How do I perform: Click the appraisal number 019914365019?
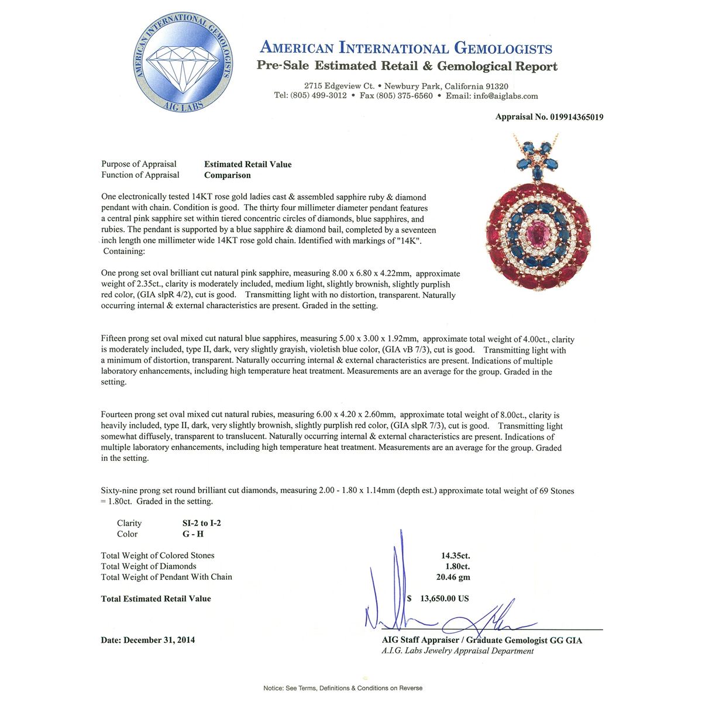click(576, 117)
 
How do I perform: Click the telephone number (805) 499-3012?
click(318, 96)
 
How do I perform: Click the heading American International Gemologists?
click(405, 48)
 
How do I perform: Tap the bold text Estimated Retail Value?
click(247, 164)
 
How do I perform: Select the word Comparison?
click(227, 175)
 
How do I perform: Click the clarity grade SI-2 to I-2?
click(201, 523)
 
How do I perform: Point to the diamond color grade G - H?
click(193, 534)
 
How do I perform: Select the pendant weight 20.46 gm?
click(453, 577)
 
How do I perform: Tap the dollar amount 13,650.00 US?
click(442, 598)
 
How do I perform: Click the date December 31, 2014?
click(159, 640)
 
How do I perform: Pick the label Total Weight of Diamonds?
click(149, 566)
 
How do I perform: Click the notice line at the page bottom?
click(343, 688)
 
